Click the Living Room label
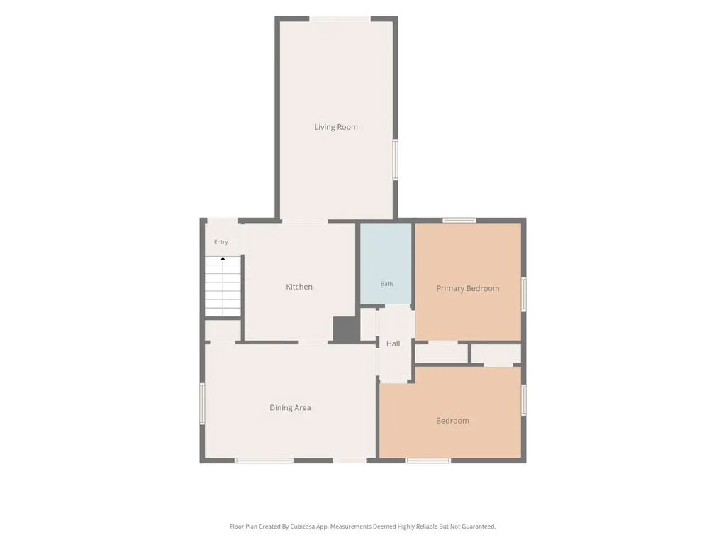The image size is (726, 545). point(336,127)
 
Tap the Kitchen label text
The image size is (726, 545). point(299,287)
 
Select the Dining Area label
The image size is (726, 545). point(290,408)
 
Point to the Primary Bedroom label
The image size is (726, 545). point(468,288)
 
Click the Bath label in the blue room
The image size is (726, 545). point(386,284)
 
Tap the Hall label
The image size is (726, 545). point(393,343)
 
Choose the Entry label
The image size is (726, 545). point(221,242)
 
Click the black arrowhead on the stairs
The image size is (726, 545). point(223,258)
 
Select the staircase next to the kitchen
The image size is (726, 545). point(223,287)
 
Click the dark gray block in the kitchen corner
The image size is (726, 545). point(346,330)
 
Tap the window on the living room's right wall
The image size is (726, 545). point(396,160)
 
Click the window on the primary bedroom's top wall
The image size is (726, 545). point(459,221)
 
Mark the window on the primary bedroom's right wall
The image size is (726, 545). point(524,294)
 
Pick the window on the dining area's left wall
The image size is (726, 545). point(202,403)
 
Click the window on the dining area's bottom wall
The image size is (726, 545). point(264,461)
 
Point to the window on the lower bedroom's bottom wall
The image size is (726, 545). point(428,461)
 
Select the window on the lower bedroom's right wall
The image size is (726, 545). point(524,400)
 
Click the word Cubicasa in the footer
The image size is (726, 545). point(303,527)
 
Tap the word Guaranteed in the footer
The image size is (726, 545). point(479,527)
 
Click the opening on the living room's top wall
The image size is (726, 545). point(340,19)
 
